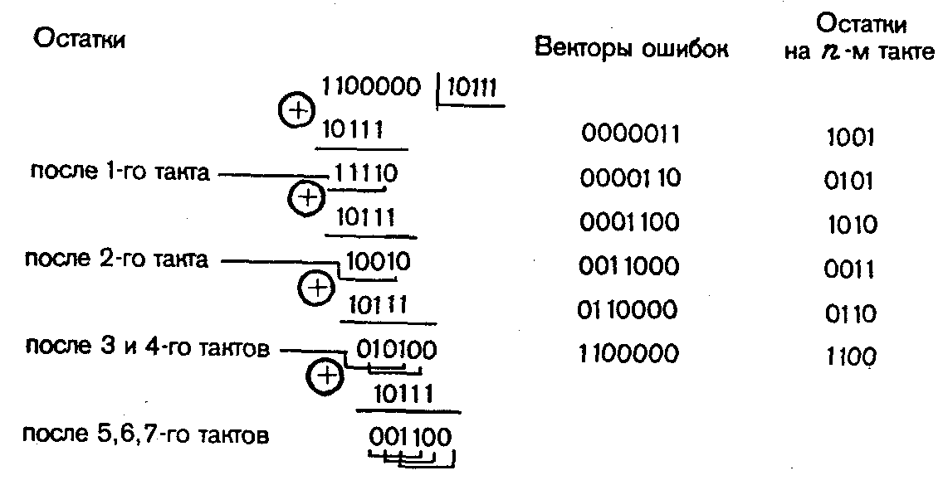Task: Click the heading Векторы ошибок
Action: pyautogui.click(x=633, y=48)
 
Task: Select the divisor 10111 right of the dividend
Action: pyautogui.click(x=472, y=87)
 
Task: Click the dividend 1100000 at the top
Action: pyautogui.click(x=371, y=86)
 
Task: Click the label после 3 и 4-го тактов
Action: pyautogui.click(x=147, y=348)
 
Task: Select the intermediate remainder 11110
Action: pyautogui.click(x=365, y=173)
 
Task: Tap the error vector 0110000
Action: pyautogui.click(x=628, y=311)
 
